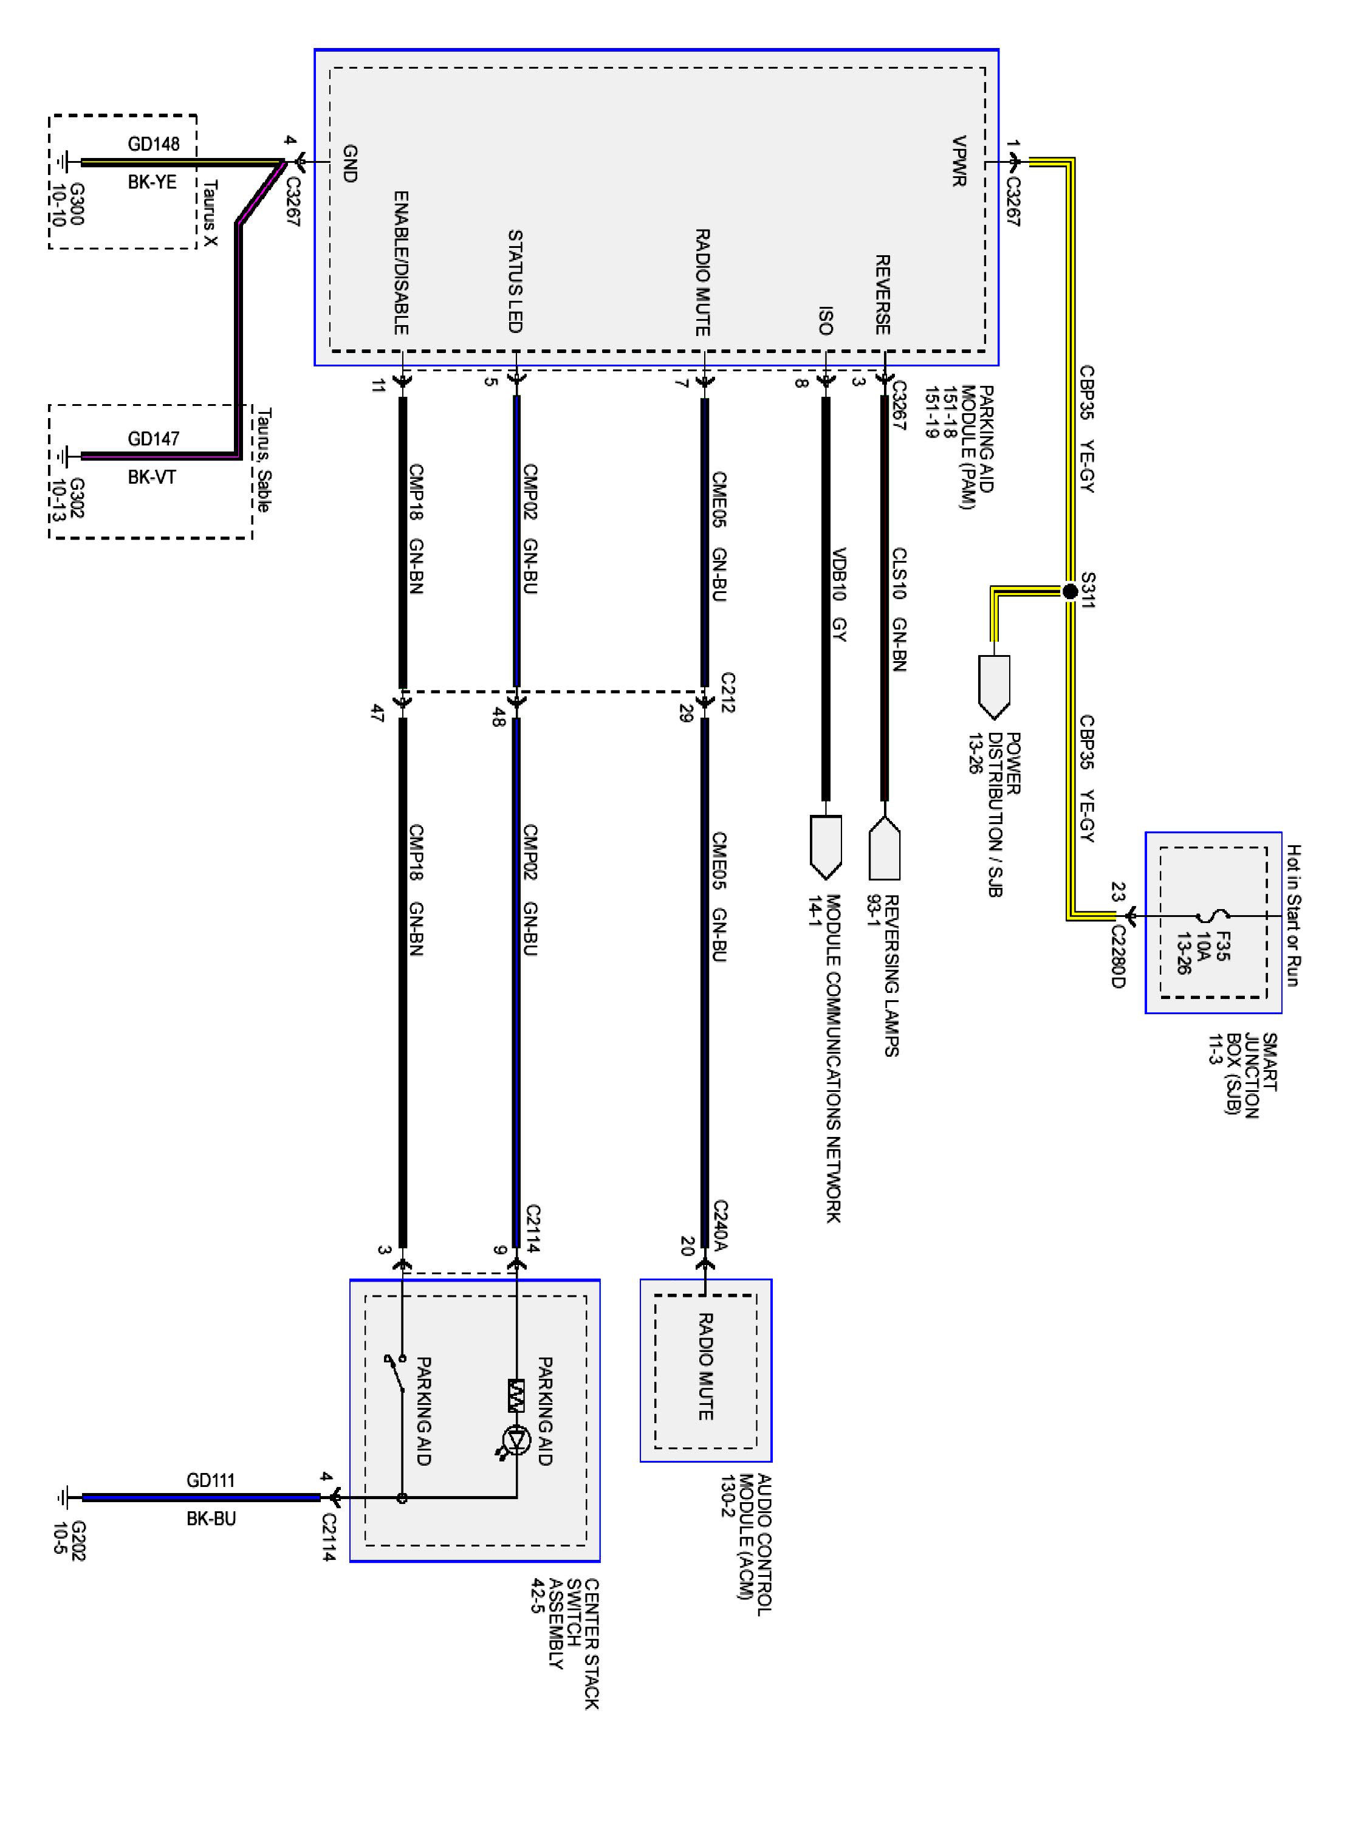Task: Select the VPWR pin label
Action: [x=958, y=162]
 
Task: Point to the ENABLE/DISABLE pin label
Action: [x=400, y=263]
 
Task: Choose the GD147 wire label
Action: [x=153, y=439]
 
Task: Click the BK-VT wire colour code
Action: [x=152, y=476]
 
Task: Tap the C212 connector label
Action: [x=728, y=692]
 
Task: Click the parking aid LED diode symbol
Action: [x=516, y=1439]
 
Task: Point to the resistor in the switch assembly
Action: [x=516, y=1395]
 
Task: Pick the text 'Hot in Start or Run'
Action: [x=1293, y=915]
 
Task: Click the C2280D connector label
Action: [x=1117, y=955]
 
